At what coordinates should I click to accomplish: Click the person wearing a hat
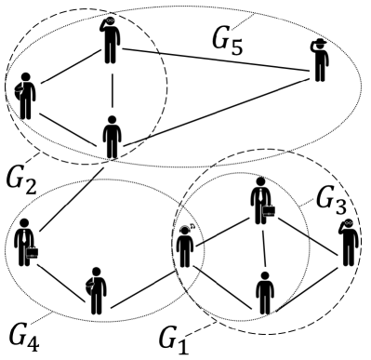pos(321,61)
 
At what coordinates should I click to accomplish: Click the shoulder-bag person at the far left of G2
pos(25,97)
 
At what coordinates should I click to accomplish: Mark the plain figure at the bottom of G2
pos(113,138)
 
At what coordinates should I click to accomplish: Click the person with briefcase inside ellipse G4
pos(25,246)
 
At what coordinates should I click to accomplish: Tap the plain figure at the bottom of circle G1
pos(265,292)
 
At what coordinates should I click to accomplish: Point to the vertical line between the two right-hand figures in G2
pos(113,89)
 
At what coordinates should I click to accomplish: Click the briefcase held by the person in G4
pos(33,252)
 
